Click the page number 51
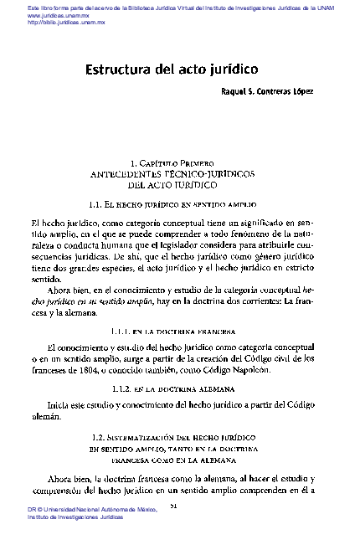click(x=173, y=507)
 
